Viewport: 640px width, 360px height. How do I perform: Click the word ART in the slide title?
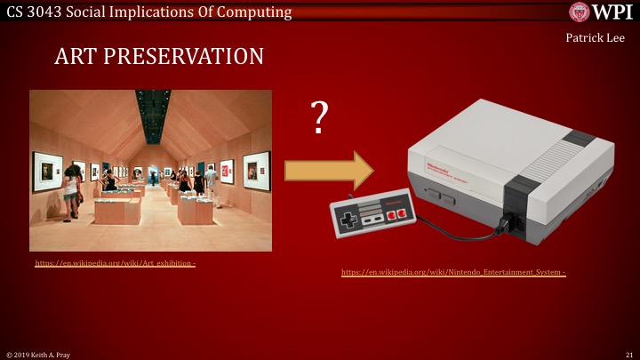[76, 57]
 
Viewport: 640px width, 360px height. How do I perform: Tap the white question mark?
[317, 118]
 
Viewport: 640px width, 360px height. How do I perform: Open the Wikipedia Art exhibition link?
[115, 264]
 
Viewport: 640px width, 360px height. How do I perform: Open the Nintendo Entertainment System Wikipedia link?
[453, 272]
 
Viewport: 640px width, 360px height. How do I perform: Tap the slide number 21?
[628, 354]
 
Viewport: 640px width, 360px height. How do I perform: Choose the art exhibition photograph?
[150, 170]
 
